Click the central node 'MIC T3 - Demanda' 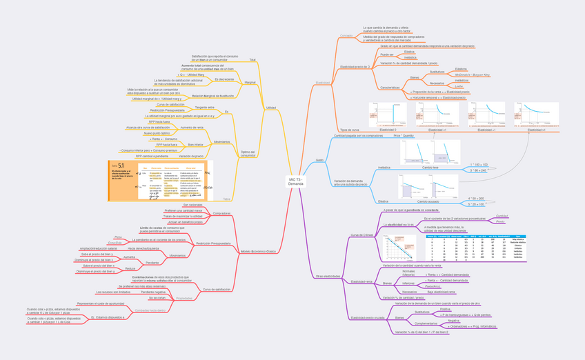click(295, 181)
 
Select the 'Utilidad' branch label click(271, 108)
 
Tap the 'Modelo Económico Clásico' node click(258, 252)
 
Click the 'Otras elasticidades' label click(328, 276)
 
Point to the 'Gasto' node click(319, 160)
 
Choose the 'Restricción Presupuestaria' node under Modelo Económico click(213, 243)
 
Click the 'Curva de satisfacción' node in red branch click(216, 290)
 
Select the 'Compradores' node click(221, 213)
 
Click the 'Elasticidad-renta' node click(361, 281)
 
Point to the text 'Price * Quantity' click(404, 136)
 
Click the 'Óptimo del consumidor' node click(247, 154)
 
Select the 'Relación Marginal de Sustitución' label click(212, 96)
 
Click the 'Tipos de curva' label click(350, 130)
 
